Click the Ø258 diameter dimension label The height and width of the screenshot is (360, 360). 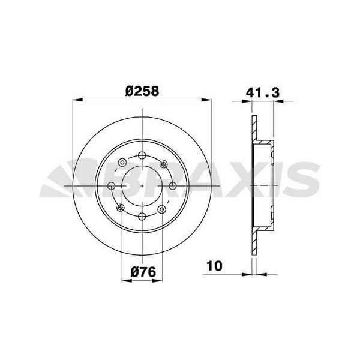tap(143, 91)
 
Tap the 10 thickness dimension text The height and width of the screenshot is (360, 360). tap(214, 265)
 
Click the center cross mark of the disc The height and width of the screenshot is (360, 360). tap(142, 187)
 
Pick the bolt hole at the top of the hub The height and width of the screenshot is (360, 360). tap(142, 157)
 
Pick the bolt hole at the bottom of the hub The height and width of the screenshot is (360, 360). tap(142, 217)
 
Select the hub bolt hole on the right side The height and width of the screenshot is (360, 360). tap(173, 187)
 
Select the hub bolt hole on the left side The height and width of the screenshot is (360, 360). tap(112, 187)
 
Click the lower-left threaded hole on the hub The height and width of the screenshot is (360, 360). tap(121, 208)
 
